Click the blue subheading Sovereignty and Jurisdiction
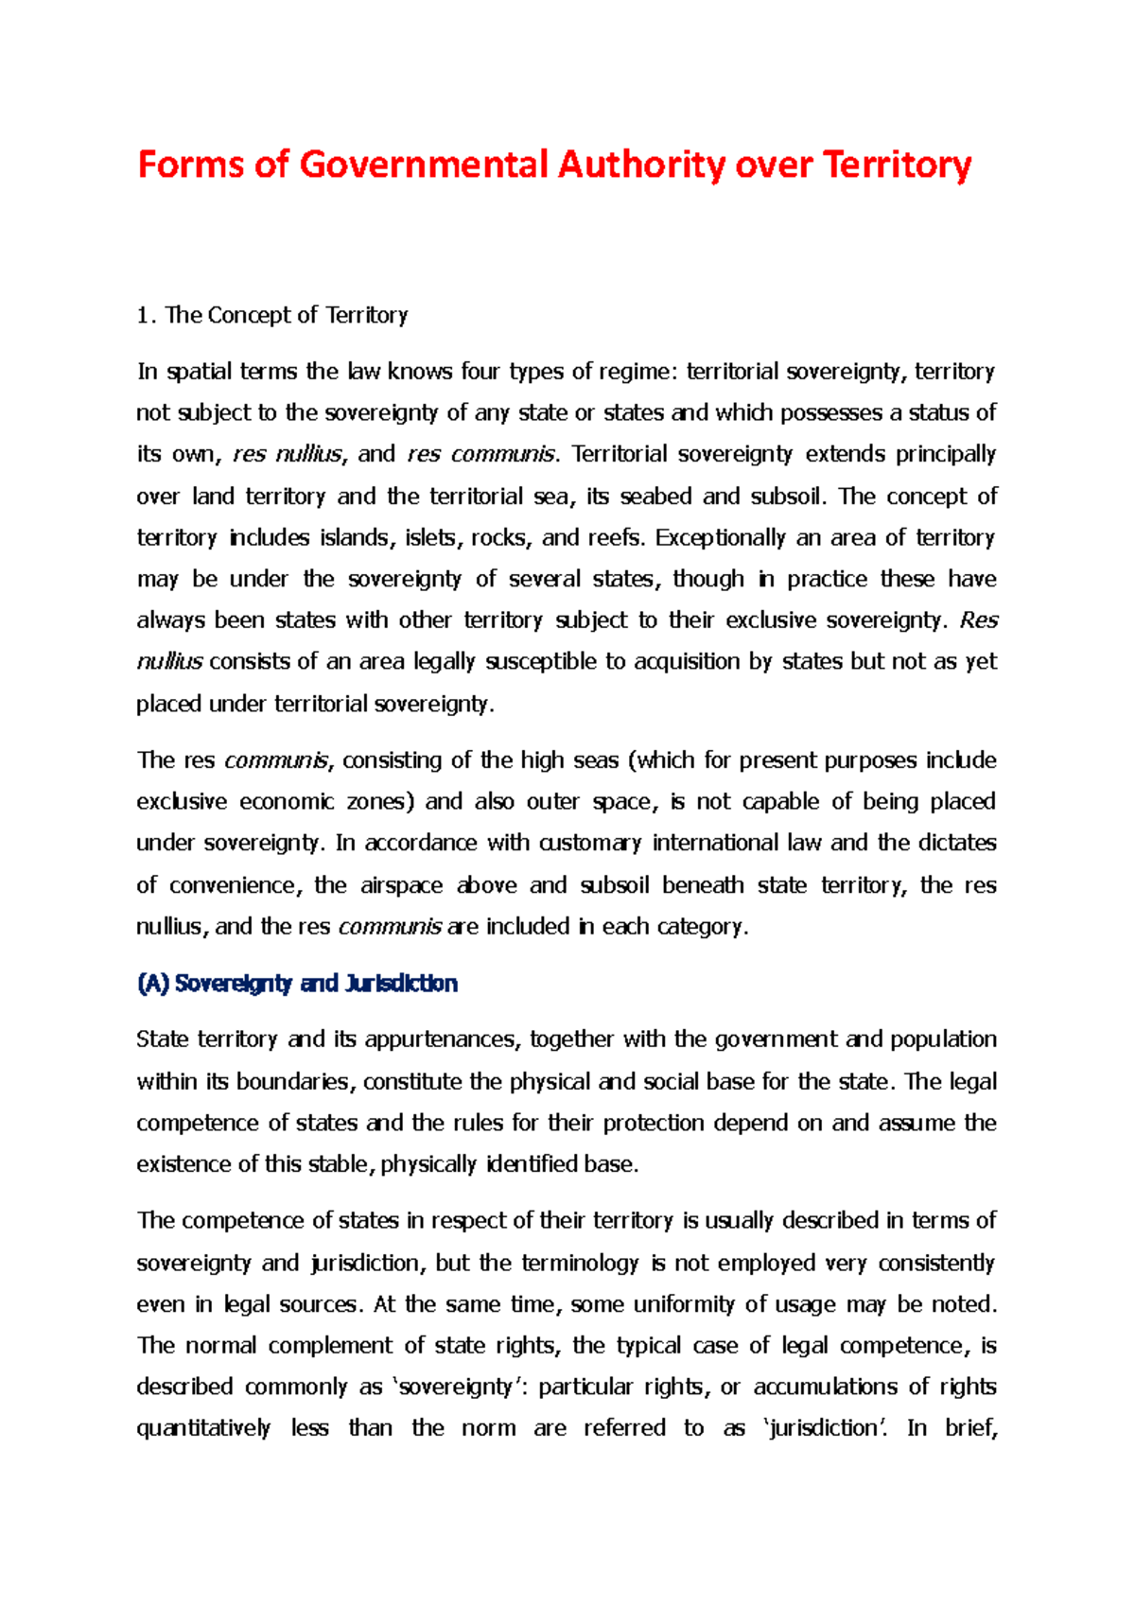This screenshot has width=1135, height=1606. point(297,984)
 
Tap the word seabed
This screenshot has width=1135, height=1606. point(656,497)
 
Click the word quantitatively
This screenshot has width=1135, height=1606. point(203,1428)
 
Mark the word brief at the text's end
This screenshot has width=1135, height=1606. point(970,1428)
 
